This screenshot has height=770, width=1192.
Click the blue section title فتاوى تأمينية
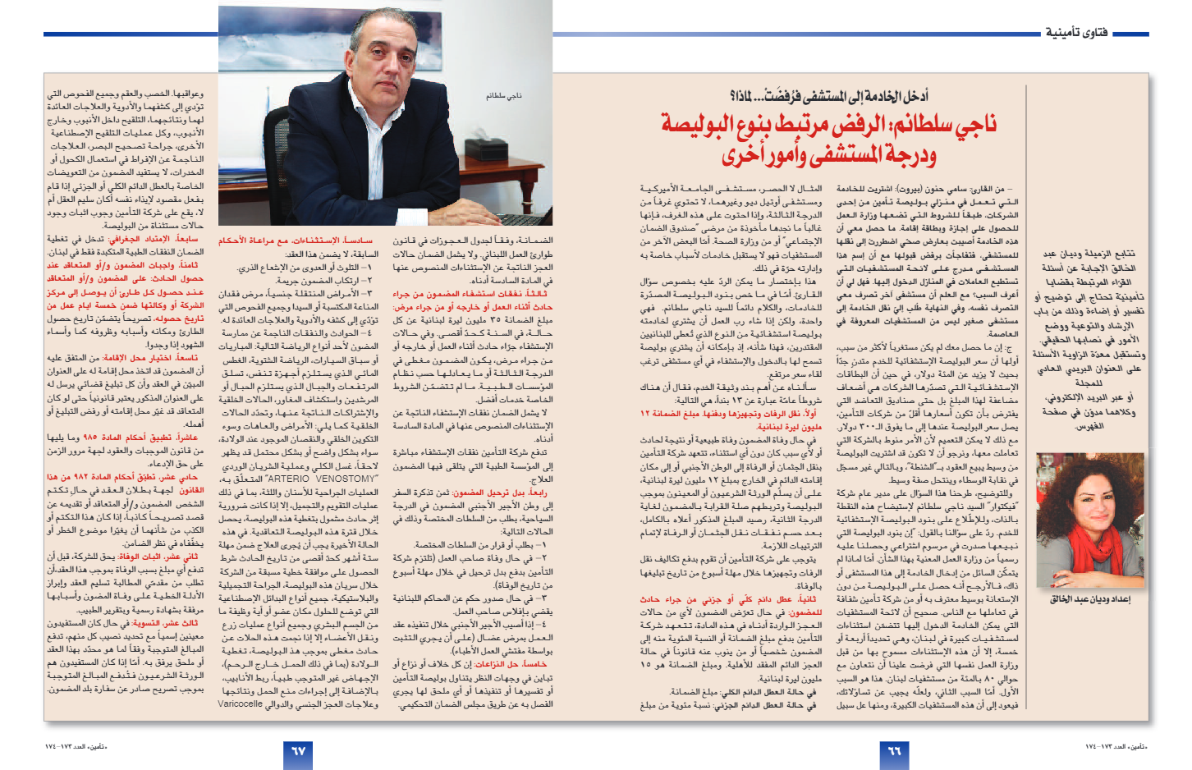(1075, 33)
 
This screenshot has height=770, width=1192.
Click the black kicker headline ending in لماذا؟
(828, 97)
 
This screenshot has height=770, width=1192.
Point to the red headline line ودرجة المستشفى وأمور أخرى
(829, 154)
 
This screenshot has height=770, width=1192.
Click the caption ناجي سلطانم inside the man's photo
(503, 96)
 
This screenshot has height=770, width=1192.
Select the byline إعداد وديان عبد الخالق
(1089, 599)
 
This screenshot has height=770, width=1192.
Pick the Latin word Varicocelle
(240, 704)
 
